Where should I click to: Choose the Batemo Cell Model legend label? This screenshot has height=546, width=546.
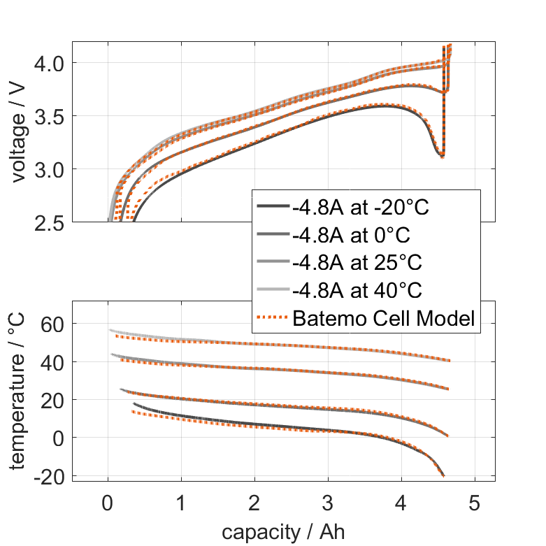pyautogui.click(x=384, y=319)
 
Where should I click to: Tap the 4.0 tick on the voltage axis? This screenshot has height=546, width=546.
pyautogui.click(x=49, y=63)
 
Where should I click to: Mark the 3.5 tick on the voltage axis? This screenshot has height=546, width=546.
pyautogui.click(x=49, y=116)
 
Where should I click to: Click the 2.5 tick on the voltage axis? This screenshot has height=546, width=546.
pyautogui.click(x=49, y=222)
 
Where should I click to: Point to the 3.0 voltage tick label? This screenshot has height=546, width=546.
pyautogui.click(x=49, y=169)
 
